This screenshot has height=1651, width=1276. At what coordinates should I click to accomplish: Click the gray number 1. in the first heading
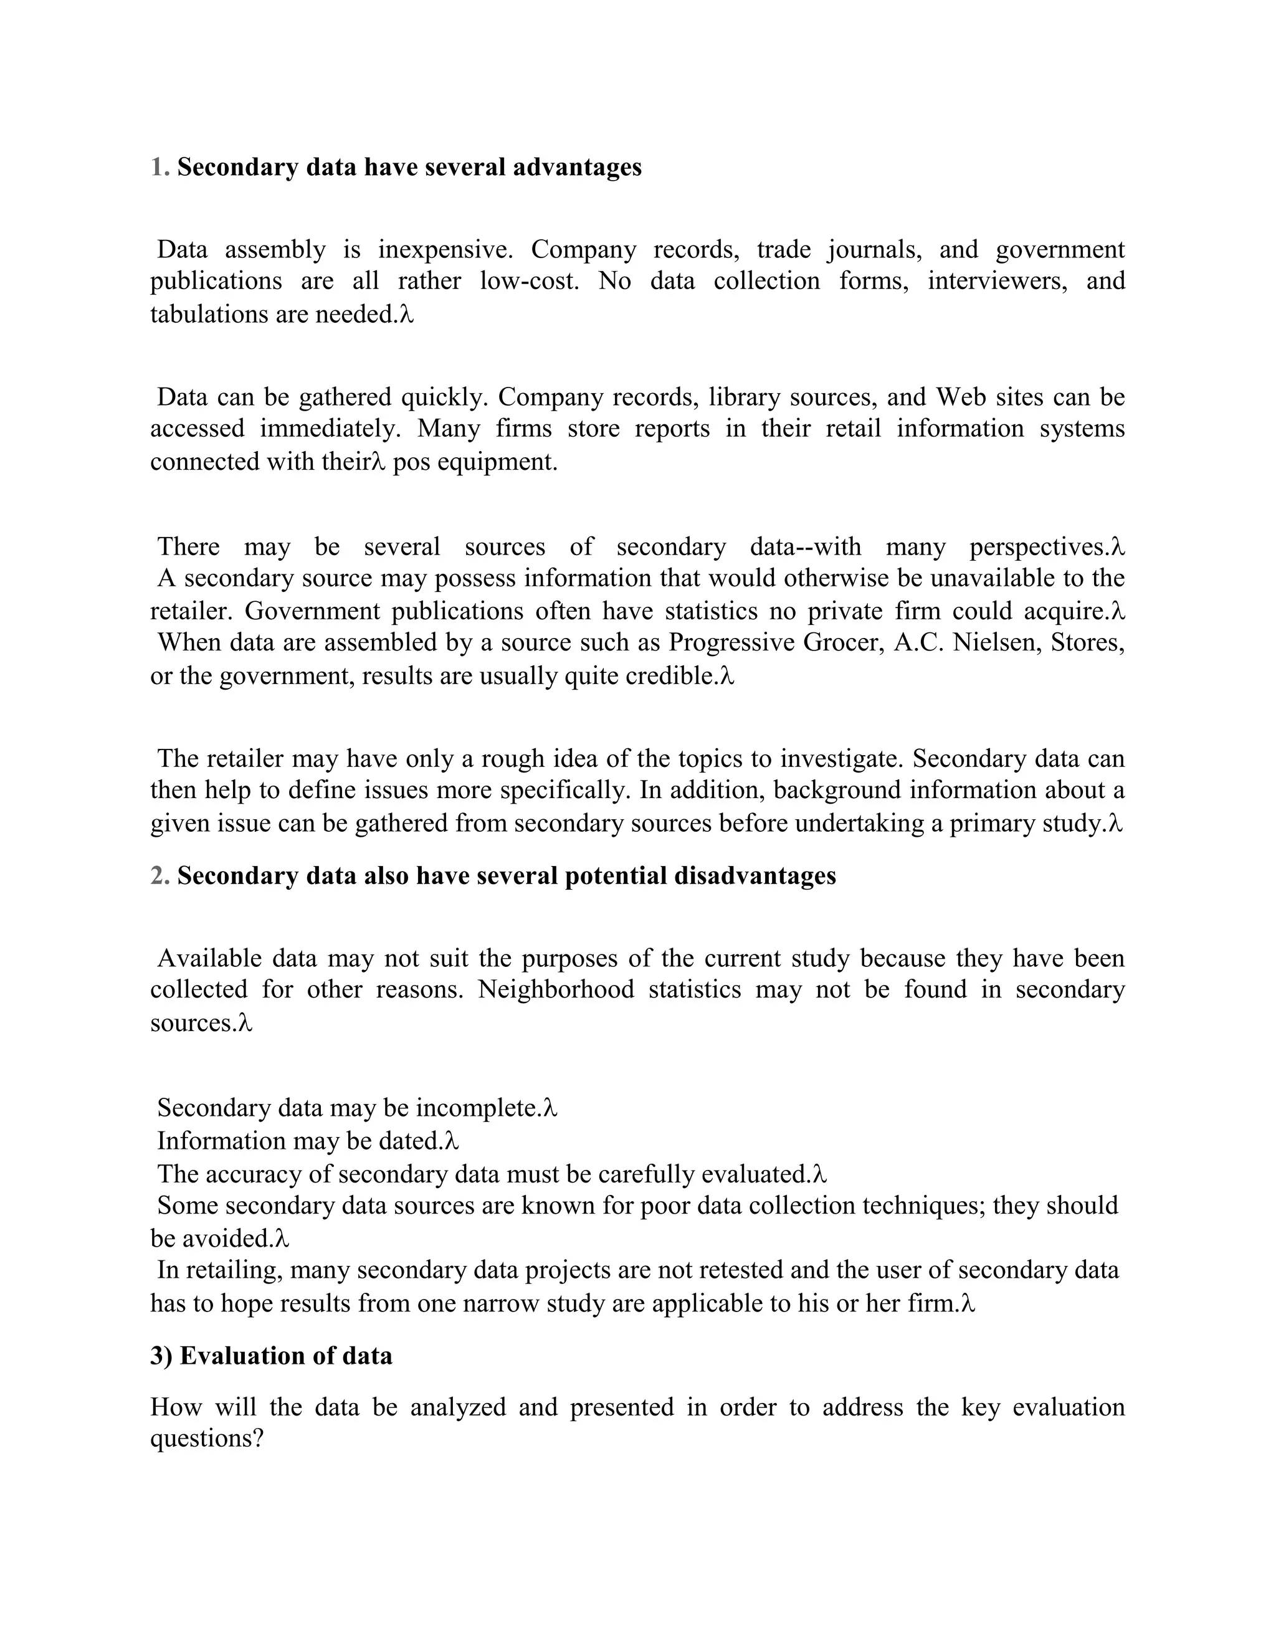(159, 167)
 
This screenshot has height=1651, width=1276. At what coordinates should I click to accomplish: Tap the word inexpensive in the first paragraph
(444, 249)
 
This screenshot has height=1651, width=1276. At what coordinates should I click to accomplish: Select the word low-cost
(529, 281)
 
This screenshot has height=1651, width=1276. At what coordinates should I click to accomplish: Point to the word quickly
(445, 397)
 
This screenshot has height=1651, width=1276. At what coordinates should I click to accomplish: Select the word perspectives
(1039, 546)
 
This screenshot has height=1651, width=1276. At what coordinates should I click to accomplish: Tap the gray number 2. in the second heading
(159, 875)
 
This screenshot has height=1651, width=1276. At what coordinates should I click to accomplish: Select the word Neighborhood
(556, 989)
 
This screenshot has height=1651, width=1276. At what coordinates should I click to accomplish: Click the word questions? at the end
(206, 1438)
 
